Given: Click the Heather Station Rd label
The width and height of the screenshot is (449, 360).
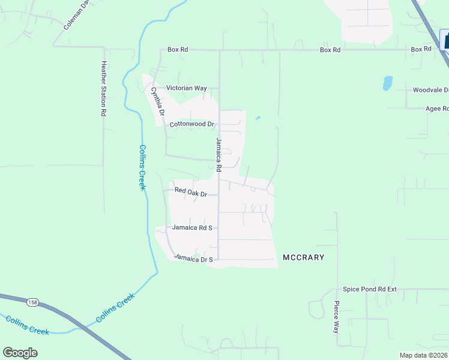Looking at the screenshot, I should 104,88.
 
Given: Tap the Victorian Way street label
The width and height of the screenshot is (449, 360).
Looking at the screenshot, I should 186,88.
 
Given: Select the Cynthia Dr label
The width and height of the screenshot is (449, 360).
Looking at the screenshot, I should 157,101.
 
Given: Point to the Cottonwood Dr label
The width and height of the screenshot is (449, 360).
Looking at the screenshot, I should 192,124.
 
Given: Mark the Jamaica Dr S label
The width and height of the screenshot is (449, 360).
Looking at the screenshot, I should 193,258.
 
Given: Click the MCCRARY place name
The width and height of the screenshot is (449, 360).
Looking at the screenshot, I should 304,257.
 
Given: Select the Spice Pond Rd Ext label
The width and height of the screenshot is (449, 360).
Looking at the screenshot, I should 370,289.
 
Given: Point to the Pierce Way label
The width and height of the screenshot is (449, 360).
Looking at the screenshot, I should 337,317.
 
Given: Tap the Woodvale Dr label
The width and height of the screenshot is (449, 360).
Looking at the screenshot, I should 430,90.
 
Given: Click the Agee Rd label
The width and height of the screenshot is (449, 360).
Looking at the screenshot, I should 436,109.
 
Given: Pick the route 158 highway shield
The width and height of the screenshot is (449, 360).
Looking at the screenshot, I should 32,302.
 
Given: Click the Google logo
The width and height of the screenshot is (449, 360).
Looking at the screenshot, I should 20,353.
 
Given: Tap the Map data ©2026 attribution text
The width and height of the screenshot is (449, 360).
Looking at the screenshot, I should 423,355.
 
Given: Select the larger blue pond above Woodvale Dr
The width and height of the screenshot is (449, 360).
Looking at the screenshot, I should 388,83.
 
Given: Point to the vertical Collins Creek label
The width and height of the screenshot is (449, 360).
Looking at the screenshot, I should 142,167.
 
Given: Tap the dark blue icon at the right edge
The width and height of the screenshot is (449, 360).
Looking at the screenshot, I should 445,40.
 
